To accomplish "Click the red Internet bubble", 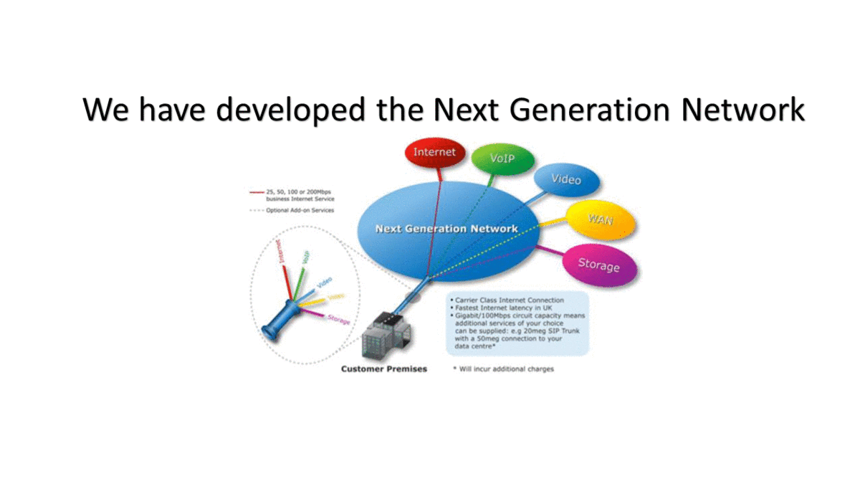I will (x=434, y=153).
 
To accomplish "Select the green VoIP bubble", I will (x=502, y=157).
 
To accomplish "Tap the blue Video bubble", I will (x=566, y=179).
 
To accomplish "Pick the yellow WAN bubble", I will (x=601, y=219).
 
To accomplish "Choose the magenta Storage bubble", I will (x=598, y=265).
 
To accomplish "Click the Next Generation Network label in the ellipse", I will (x=446, y=229).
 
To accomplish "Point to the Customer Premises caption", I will (x=383, y=369).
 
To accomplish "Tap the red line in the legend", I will (x=257, y=192).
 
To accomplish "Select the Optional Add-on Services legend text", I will (x=300, y=210).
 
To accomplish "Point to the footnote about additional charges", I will (x=504, y=369).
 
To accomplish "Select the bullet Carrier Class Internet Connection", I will (x=506, y=300).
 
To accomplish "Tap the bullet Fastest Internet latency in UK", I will (x=498, y=308).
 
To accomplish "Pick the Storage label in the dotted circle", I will (x=338, y=319).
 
